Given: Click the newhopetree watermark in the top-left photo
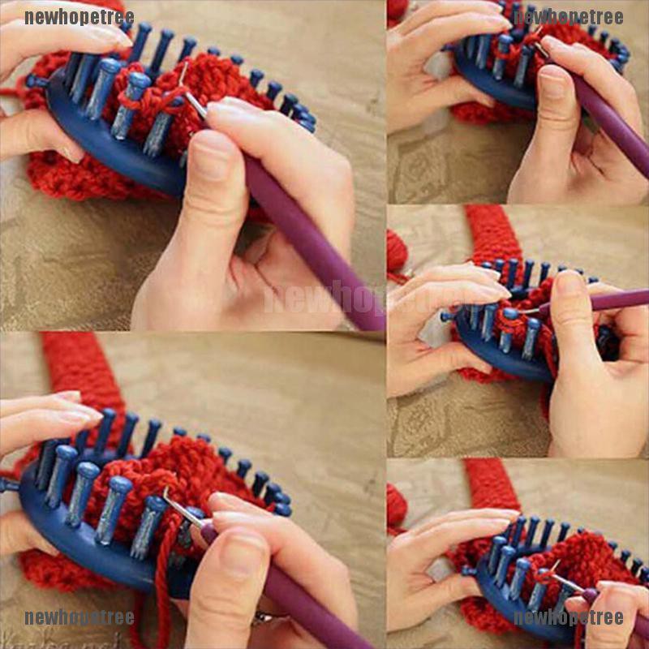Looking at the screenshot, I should (79, 17).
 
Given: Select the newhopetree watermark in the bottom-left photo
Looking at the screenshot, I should (79, 617).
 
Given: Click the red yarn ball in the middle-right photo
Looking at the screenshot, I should (397, 251).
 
